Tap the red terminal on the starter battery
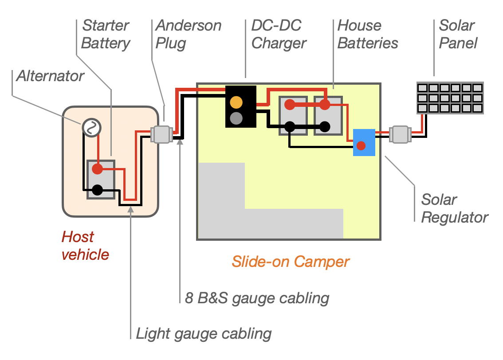pyautogui.click(x=97, y=169)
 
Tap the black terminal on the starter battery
pyautogui.click(x=97, y=191)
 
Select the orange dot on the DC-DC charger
pyautogui.click(x=236, y=102)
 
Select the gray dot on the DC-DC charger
pyautogui.click(x=236, y=118)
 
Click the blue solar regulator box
pyautogui.click(x=364, y=142)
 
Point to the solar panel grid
pyautogui.click(x=450, y=98)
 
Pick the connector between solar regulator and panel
pyautogui.click(x=400, y=134)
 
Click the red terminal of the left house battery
pyautogui.click(x=289, y=105)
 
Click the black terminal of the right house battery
pyautogui.click(x=325, y=126)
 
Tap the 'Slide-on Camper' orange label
pyautogui.click(x=290, y=262)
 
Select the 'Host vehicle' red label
pyautogui.click(x=85, y=246)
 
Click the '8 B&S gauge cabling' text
pyautogui.click(x=257, y=297)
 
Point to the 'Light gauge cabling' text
pyautogui.click(x=203, y=333)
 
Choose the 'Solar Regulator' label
pyautogui.click(x=454, y=208)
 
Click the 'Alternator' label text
pyautogui.click(x=50, y=76)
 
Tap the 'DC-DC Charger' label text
pyautogui.click(x=279, y=34)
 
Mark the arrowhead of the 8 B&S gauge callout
pyautogui.click(x=180, y=142)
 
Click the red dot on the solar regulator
pyautogui.click(x=361, y=145)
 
